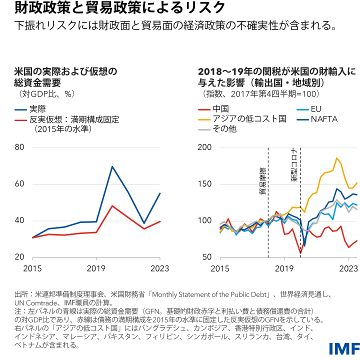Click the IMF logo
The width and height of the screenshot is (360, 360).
coord(342,348)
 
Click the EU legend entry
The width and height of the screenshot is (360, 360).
coord(316,109)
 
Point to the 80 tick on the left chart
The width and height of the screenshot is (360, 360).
coord(20,147)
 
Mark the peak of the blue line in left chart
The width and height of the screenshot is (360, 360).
coord(112,166)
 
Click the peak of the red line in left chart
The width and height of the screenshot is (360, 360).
coord(112,205)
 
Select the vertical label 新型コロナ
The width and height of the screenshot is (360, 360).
coord(295,164)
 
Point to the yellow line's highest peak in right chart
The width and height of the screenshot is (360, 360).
coord(337,158)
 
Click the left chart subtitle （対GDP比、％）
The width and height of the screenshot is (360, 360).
coord(47,93)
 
